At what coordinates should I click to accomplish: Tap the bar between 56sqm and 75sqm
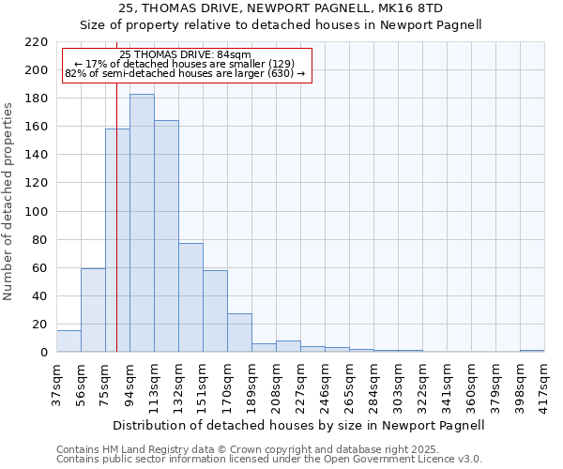[93, 310]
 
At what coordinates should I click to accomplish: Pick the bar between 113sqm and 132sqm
[166, 236]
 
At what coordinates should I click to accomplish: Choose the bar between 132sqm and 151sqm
[190, 297]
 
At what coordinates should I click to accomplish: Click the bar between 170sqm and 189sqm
[239, 333]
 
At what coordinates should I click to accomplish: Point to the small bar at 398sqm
[532, 351]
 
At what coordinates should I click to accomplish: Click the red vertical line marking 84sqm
[116, 234]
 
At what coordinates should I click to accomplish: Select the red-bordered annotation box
[186, 65]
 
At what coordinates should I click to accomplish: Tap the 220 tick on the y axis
[37, 42]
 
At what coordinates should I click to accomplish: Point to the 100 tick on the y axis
[37, 212]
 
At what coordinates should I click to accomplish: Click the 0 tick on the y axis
[43, 353]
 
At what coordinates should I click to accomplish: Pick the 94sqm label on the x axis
[129, 382]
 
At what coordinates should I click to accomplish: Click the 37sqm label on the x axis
[56, 382]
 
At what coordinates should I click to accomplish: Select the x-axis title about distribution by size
[300, 425]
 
